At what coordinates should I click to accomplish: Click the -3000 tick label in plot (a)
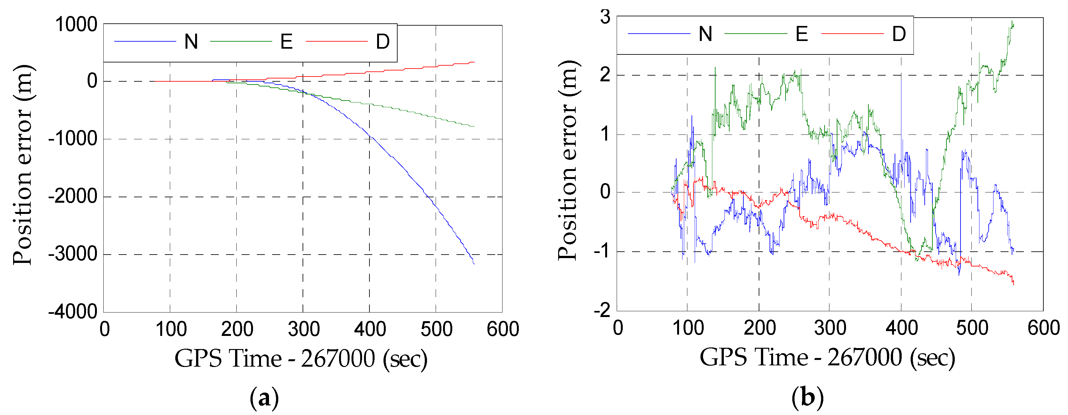pos(73,254)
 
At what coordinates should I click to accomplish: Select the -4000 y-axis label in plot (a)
pos(73,311)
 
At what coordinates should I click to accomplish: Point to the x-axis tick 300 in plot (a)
pos(304,330)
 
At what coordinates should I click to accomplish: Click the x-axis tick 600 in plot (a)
pos(502,330)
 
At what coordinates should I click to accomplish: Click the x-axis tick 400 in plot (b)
pos(901,328)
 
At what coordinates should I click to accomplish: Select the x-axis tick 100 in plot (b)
pos(688,328)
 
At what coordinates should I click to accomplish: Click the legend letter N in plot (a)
pos(191,42)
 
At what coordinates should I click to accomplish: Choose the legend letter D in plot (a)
pos(383,42)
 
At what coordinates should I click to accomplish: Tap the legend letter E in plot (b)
pos(802,34)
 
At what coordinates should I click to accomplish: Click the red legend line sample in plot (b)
pos(852,34)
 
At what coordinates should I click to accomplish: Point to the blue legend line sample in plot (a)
pos(145,42)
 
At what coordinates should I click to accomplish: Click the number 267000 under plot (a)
pos(338,359)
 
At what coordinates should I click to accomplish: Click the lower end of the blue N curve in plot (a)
pos(474,264)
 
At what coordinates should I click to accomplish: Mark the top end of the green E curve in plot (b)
pos(1012,21)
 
